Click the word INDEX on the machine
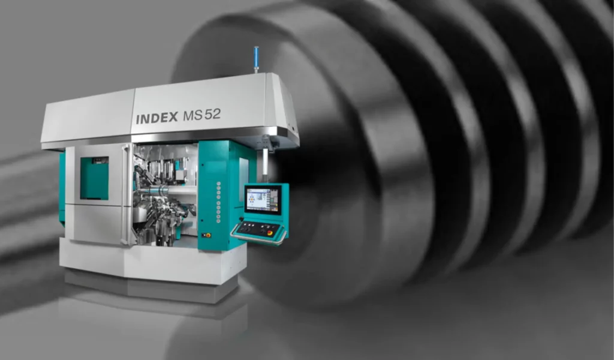point(156,118)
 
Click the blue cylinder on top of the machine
point(256,59)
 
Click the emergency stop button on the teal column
point(208,235)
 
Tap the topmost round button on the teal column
point(218,184)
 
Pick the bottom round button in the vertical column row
point(218,221)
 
